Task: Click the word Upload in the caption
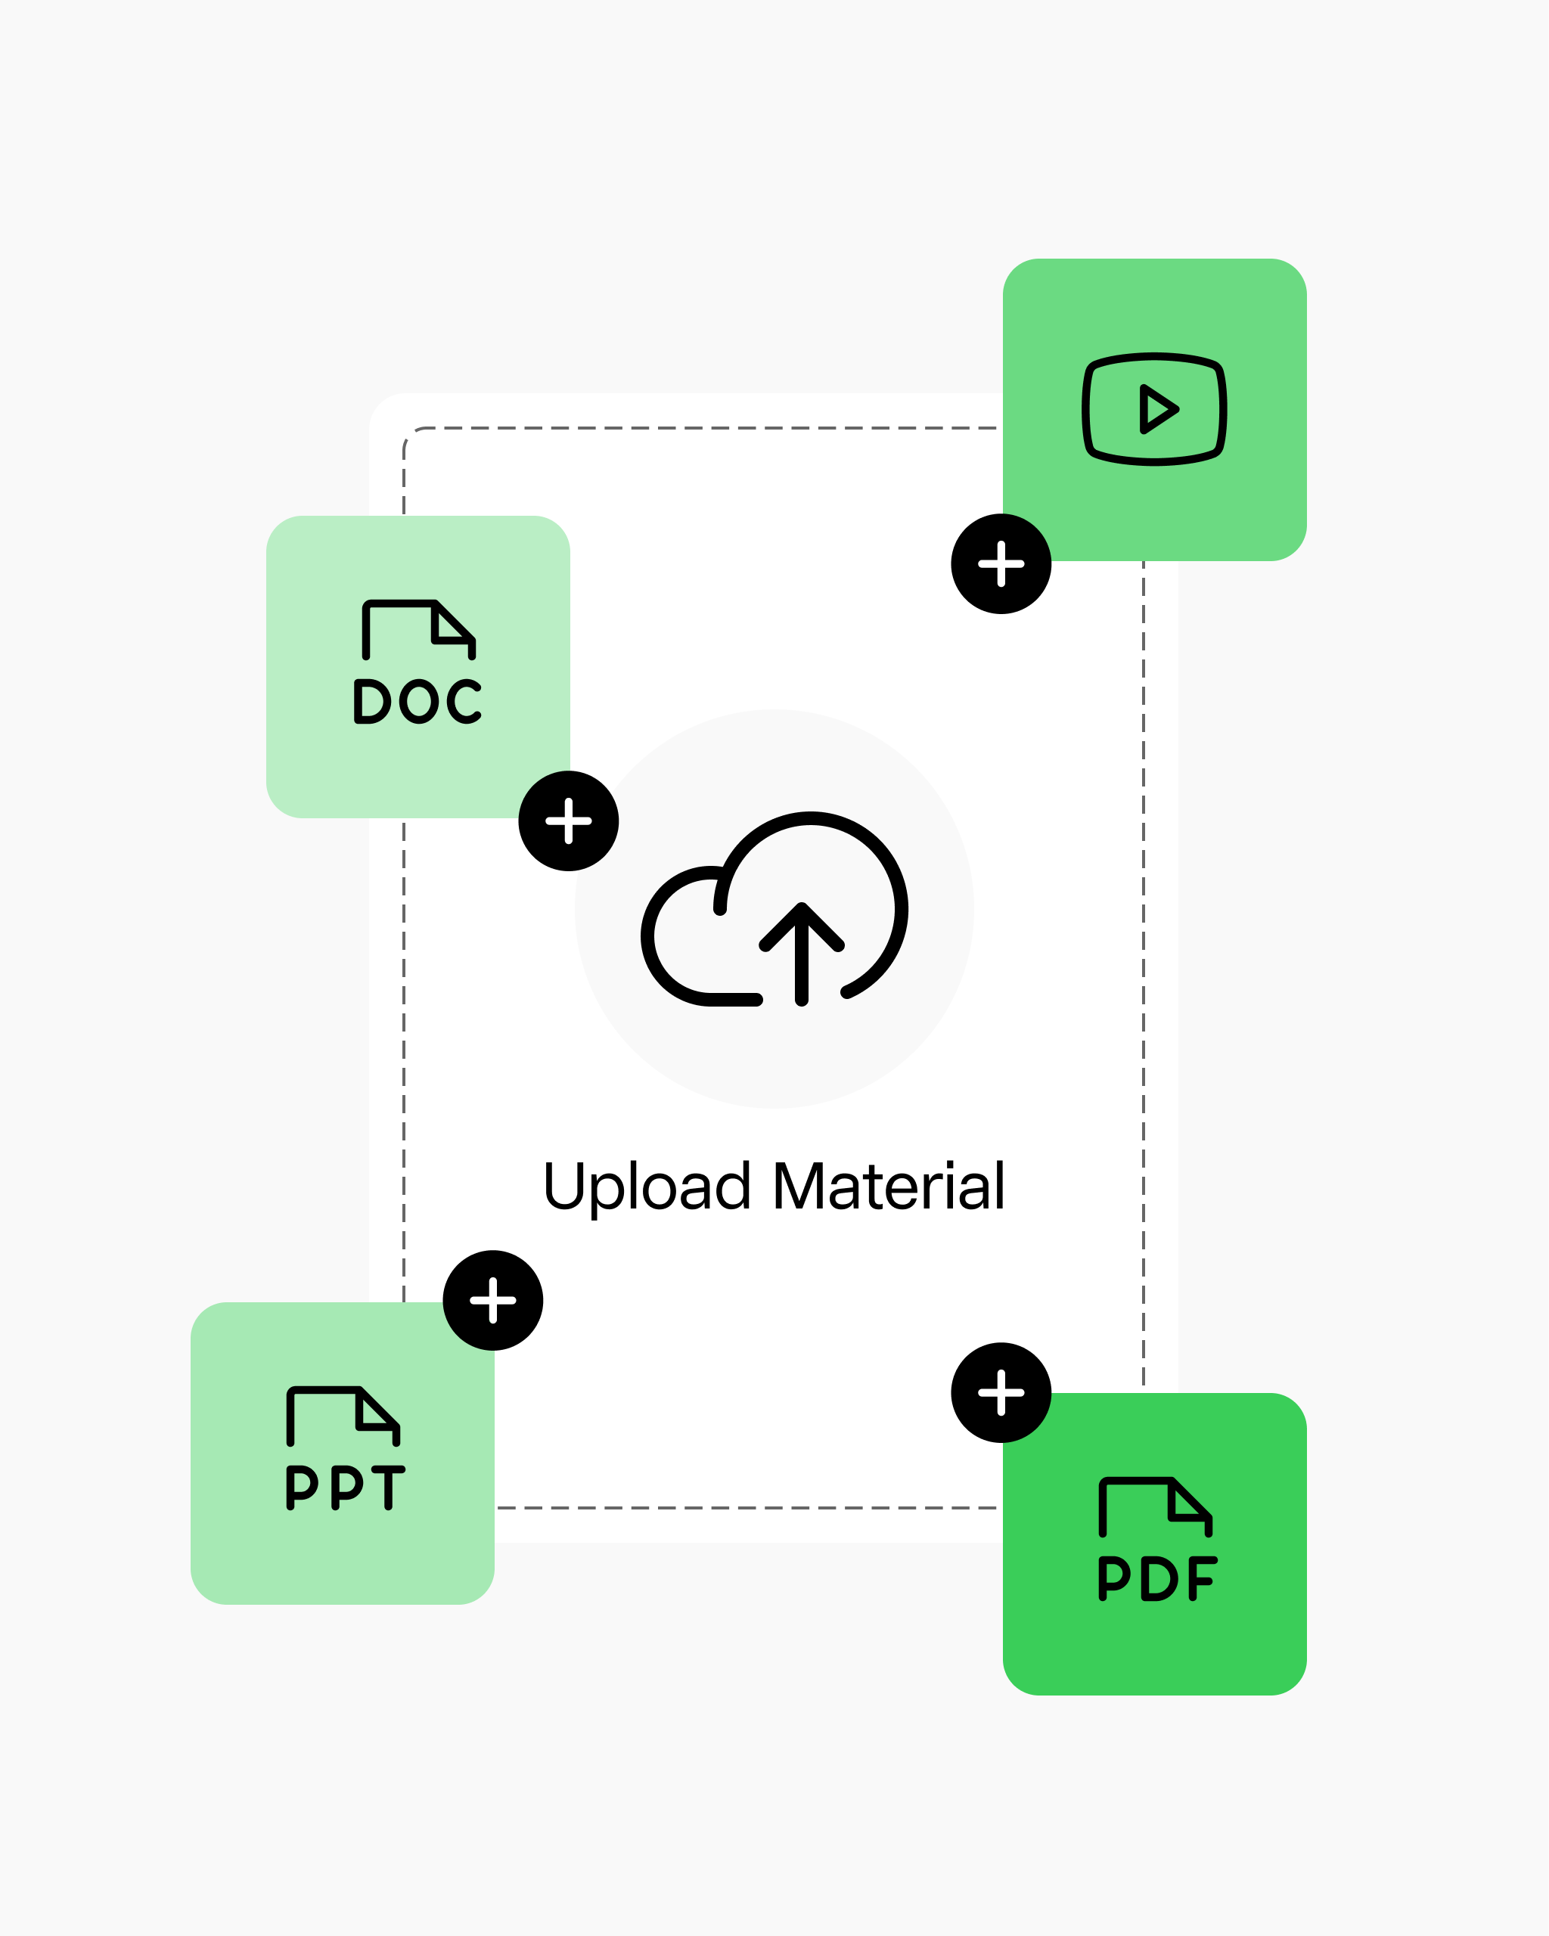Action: click(647, 1187)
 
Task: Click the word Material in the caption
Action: click(889, 1187)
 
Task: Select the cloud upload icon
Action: click(774, 910)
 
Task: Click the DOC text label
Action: click(418, 701)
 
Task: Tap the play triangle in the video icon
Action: click(1157, 409)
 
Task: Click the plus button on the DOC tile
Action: click(569, 821)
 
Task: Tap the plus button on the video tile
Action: click(1001, 564)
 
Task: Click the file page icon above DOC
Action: click(418, 628)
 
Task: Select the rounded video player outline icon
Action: click(1155, 409)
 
